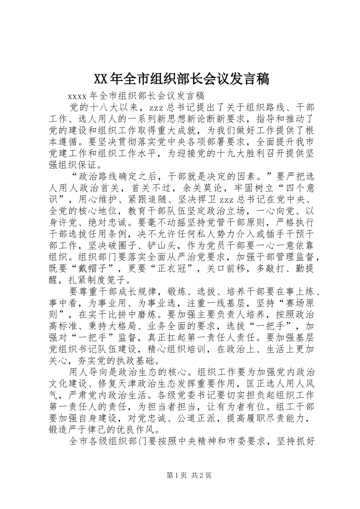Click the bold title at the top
(x=181, y=79)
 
